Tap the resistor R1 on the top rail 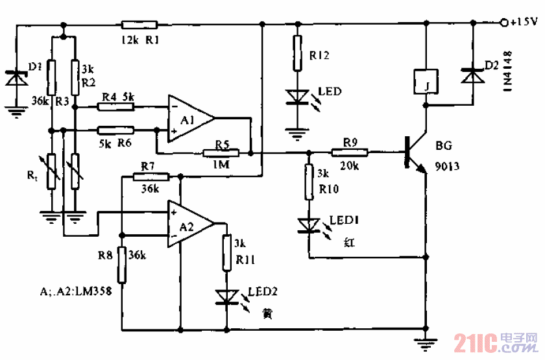click(x=139, y=25)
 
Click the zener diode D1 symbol click(x=15, y=77)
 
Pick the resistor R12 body click(x=297, y=52)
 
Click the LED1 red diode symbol click(x=309, y=225)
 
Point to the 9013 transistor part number click(x=448, y=167)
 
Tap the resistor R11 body click(x=226, y=253)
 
